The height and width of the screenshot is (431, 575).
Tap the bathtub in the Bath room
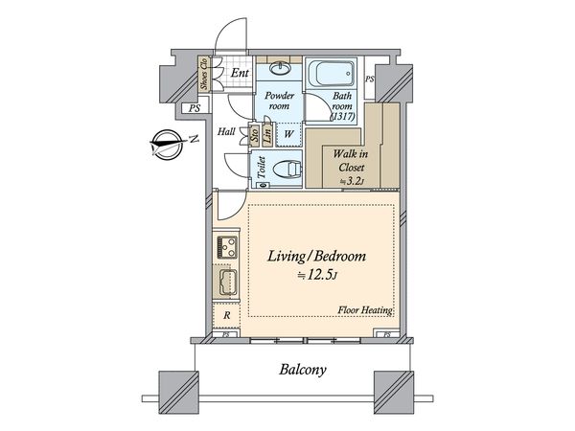point(332,74)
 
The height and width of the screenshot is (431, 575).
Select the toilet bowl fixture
point(287,170)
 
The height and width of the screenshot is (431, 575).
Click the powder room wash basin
point(280,68)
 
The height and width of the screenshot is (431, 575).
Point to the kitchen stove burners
point(227,247)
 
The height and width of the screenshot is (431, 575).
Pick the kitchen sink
point(228,282)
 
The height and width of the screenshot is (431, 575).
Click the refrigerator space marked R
point(227,315)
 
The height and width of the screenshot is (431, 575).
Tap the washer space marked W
point(288,134)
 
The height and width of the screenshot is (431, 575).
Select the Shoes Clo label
point(204,74)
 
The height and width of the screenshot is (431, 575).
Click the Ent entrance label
point(240,73)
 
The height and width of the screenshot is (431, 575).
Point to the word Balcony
point(303,369)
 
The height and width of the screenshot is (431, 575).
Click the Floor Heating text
point(366,310)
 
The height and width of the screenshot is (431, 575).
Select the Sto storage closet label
point(254,134)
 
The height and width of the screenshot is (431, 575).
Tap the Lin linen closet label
point(267,134)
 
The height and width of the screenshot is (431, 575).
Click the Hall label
point(226,131)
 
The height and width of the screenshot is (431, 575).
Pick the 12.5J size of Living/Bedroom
point(317,275)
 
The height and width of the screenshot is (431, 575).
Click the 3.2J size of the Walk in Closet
point(352,181)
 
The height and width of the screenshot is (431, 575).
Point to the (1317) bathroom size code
point(343,116)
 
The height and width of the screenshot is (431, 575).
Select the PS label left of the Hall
point(195,108)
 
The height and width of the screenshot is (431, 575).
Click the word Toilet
point(261,168)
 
